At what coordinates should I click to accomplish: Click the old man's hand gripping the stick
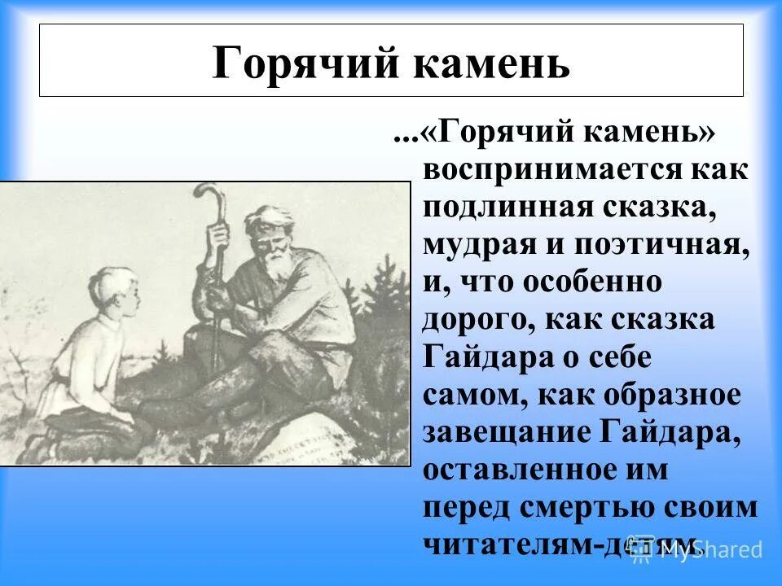(218, 237)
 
